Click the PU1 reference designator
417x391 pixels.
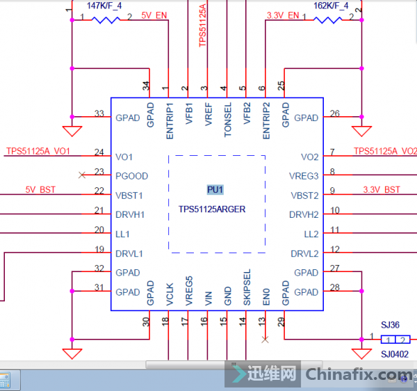[215, 189]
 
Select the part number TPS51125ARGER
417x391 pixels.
[212, 209]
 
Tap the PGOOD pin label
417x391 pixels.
[131, 176]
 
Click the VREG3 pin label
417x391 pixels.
[304, 176]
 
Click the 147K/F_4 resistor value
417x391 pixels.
[104, 6]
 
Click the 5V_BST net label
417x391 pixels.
[40, 189]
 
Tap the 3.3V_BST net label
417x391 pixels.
[382, 189]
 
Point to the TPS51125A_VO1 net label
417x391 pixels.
[38, 151]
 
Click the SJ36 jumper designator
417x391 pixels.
[390, 325]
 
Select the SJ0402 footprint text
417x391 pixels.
[394, 354]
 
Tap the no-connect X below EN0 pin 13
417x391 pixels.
[265, 340]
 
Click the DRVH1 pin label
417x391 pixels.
[129, 214]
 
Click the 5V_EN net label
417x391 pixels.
[154, 15]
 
